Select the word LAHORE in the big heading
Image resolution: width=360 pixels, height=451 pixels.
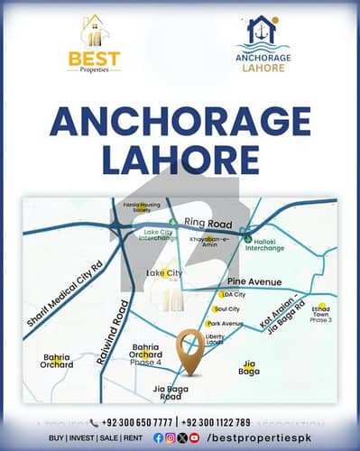[x=180, y=161]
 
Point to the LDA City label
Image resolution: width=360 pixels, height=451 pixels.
[x=234, y=294]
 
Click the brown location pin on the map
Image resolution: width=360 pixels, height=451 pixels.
[x=189, y=347]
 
